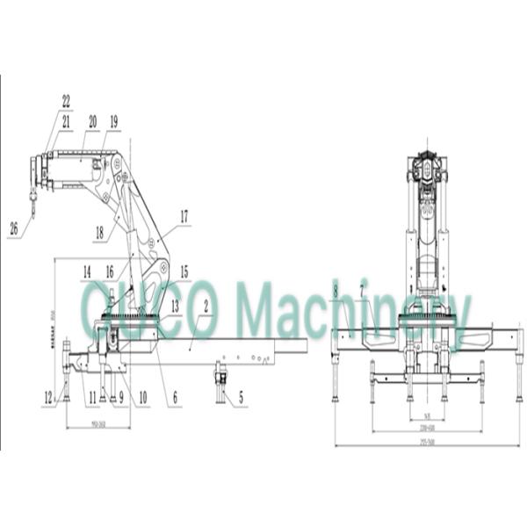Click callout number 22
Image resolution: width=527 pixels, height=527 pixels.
click(66, 101)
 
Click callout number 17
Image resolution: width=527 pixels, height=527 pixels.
click(184, 215)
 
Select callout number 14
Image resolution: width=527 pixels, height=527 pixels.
click(87, 272)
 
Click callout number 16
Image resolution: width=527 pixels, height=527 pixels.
click(111, 272)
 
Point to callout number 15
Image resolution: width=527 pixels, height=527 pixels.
click(184, 272)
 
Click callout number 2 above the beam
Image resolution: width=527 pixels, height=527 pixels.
click(206, 307)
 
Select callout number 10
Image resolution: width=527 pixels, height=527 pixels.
click(142, 398)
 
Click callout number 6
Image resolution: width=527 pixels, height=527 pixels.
click(176, 398)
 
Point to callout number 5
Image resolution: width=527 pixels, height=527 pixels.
click(242, 398)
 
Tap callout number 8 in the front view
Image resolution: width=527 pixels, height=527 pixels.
click(336, 291)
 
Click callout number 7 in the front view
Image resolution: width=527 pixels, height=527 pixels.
click(362, 291)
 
